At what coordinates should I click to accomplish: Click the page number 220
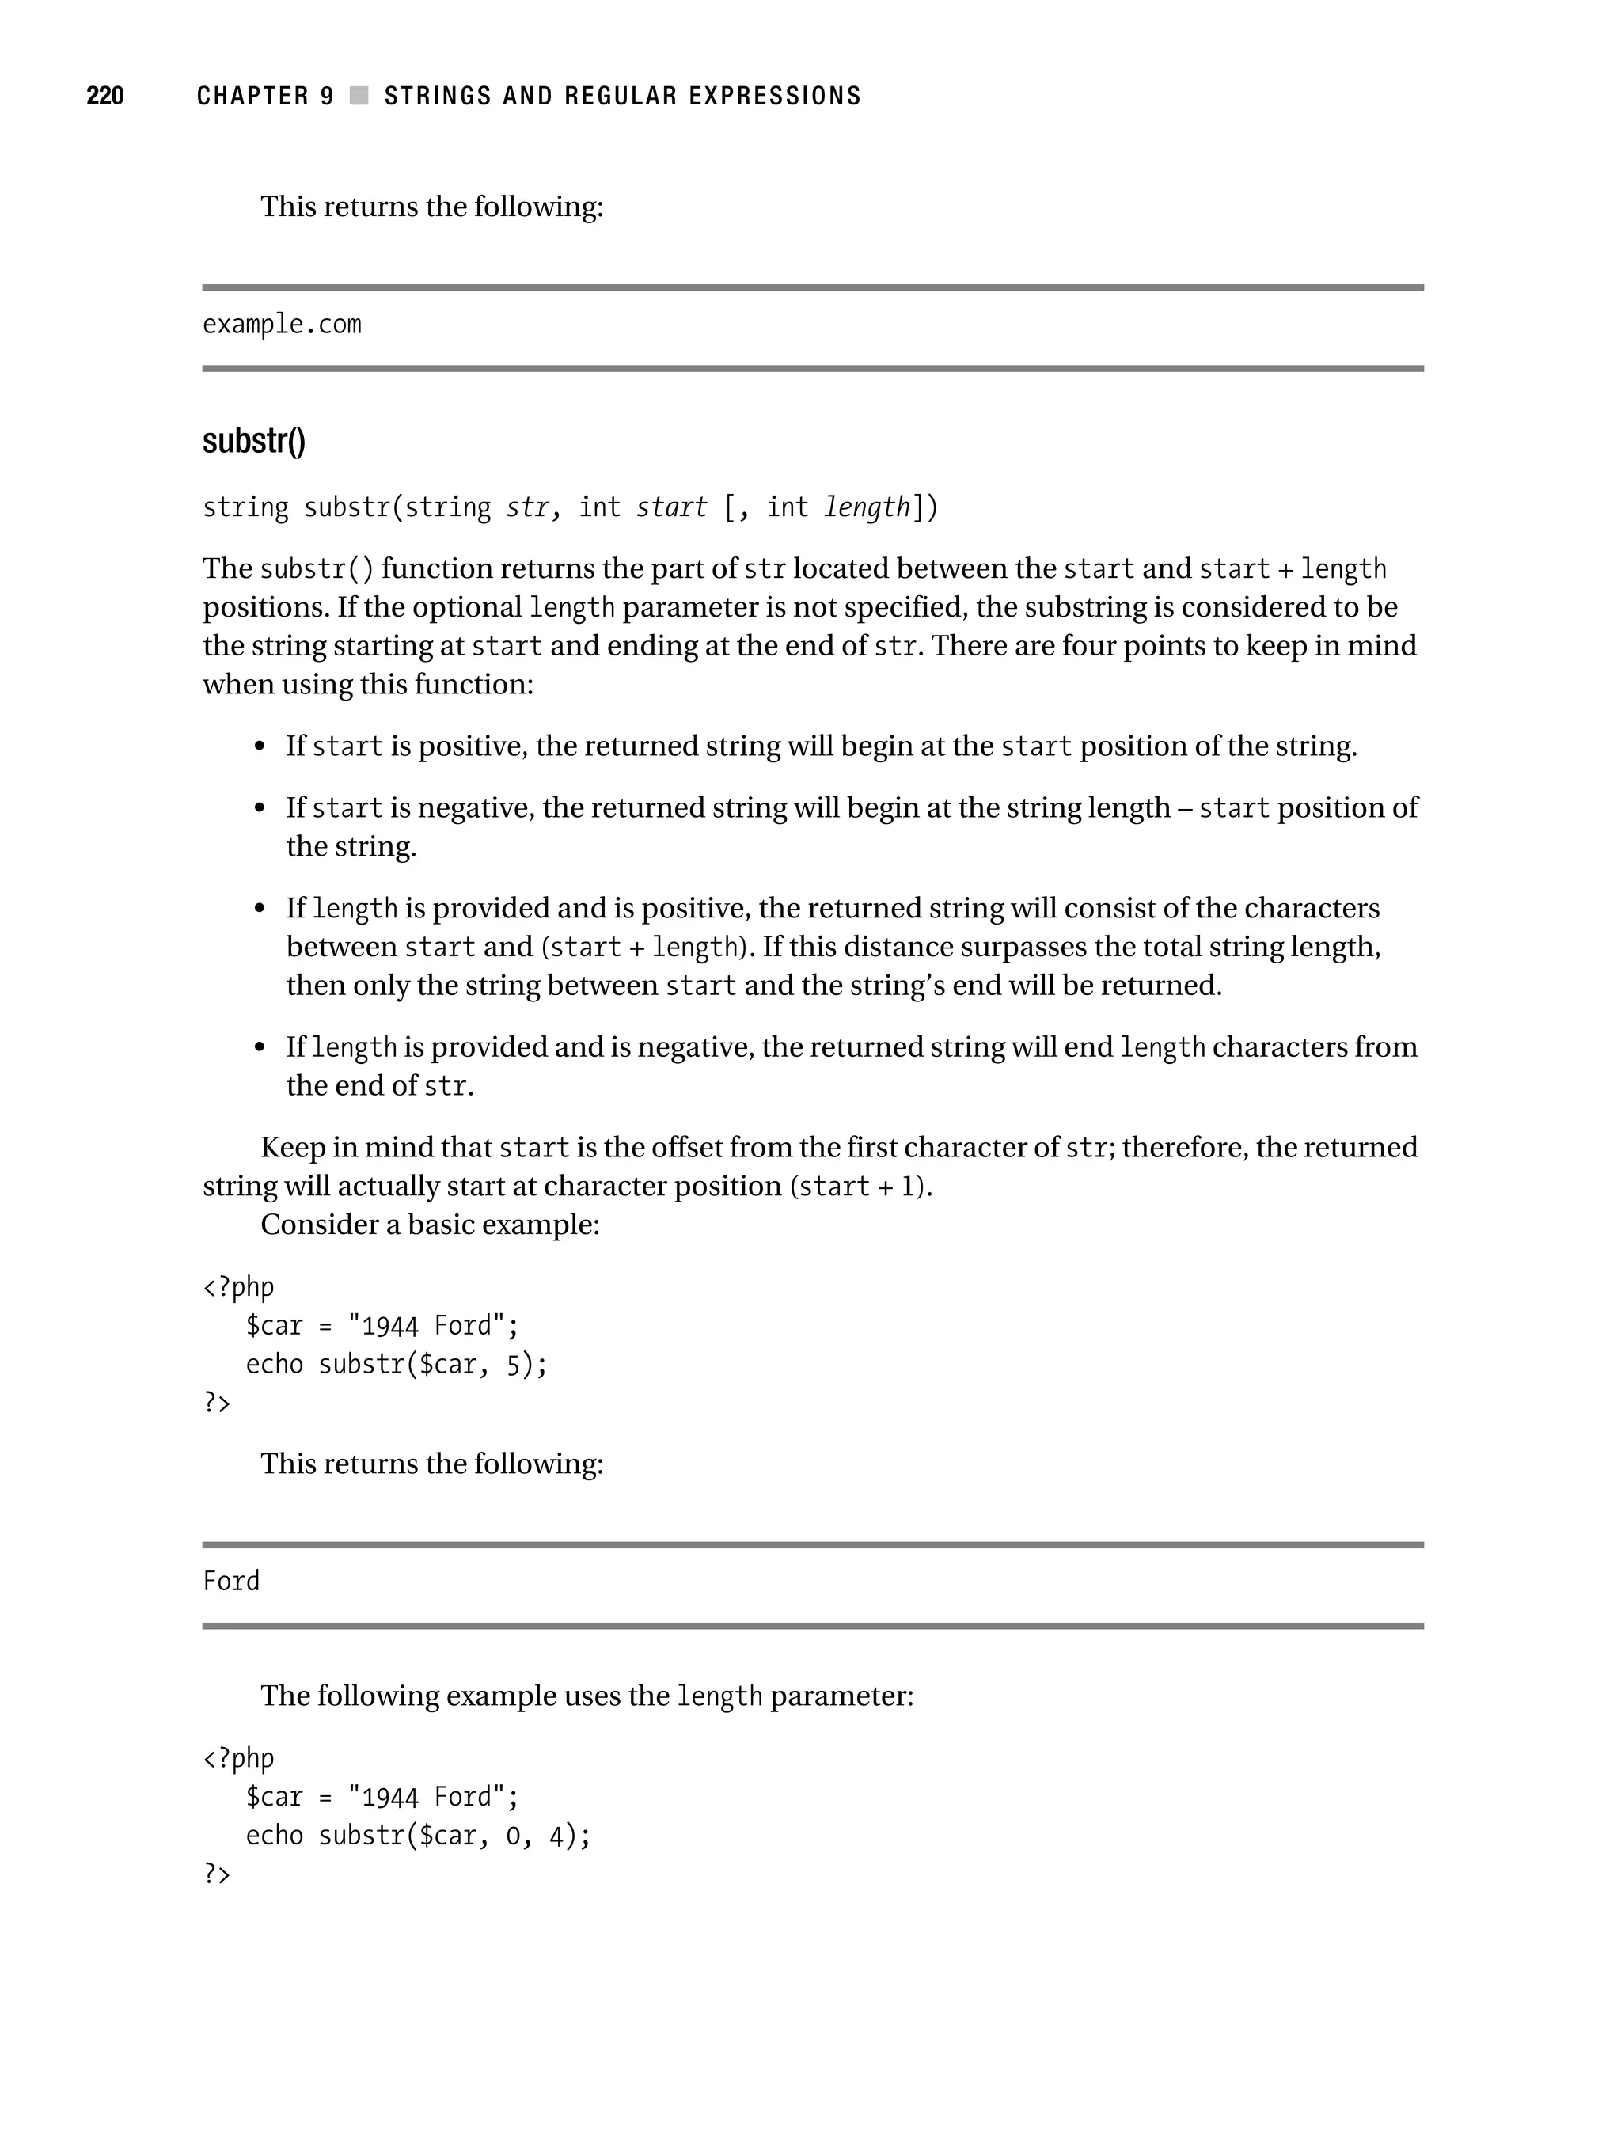104,95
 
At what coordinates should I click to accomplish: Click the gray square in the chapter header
359,95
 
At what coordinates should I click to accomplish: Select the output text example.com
282,325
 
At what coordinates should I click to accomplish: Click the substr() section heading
254,441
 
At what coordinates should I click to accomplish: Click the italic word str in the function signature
528,507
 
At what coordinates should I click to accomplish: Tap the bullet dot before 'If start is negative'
259,807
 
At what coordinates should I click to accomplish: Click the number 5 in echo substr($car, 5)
513,1365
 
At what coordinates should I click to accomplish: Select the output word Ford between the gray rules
231,1582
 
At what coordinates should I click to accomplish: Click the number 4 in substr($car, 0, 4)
556,1836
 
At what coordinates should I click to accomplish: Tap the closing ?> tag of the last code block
217,1874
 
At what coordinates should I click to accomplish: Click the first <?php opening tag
238,1287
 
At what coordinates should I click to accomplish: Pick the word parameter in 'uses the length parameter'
837,1696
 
